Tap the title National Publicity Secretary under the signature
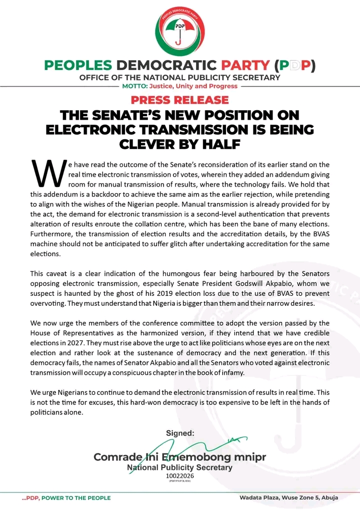(180, 467)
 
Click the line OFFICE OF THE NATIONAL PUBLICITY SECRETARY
(180, 78)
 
